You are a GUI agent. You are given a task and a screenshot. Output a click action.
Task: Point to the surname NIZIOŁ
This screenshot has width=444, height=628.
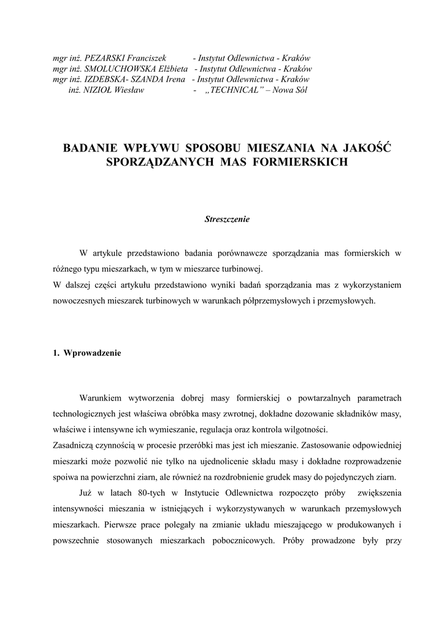coord(96,90)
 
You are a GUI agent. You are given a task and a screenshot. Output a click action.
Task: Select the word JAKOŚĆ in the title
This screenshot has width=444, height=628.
coord(369,148)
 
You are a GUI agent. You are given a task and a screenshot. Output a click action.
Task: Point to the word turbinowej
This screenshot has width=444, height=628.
coord(242,269)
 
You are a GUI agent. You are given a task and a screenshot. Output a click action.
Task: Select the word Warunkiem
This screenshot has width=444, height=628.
coord(101,397)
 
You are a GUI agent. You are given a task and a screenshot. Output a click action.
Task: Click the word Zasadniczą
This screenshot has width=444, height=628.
coord(76,445)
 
